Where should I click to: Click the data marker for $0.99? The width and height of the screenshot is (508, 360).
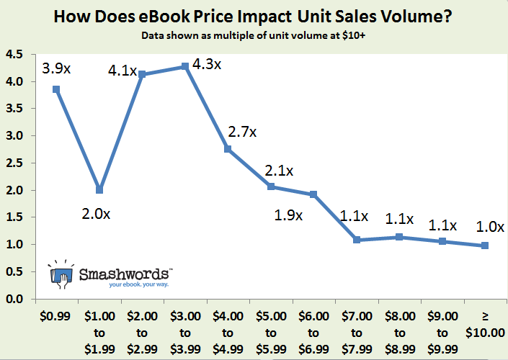(x=56, y=89)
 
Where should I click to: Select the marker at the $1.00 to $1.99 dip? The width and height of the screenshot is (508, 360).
(x=99, y=190)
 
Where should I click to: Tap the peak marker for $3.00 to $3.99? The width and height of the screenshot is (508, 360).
(x=185, y=66)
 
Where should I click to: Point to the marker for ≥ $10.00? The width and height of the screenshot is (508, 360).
(x=486, y=246)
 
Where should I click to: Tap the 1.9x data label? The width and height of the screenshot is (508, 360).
(x=290, y=215)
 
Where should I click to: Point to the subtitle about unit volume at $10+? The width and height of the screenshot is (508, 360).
(x=254, y=35)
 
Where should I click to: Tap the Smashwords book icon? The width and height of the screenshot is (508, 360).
(x=61, y=274)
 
